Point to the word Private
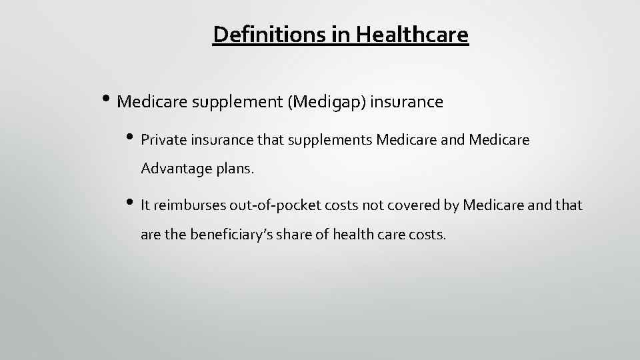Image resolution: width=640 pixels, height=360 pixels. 163,141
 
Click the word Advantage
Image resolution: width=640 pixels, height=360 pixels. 174,169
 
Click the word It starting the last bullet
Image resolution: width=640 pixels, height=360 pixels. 145,206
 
